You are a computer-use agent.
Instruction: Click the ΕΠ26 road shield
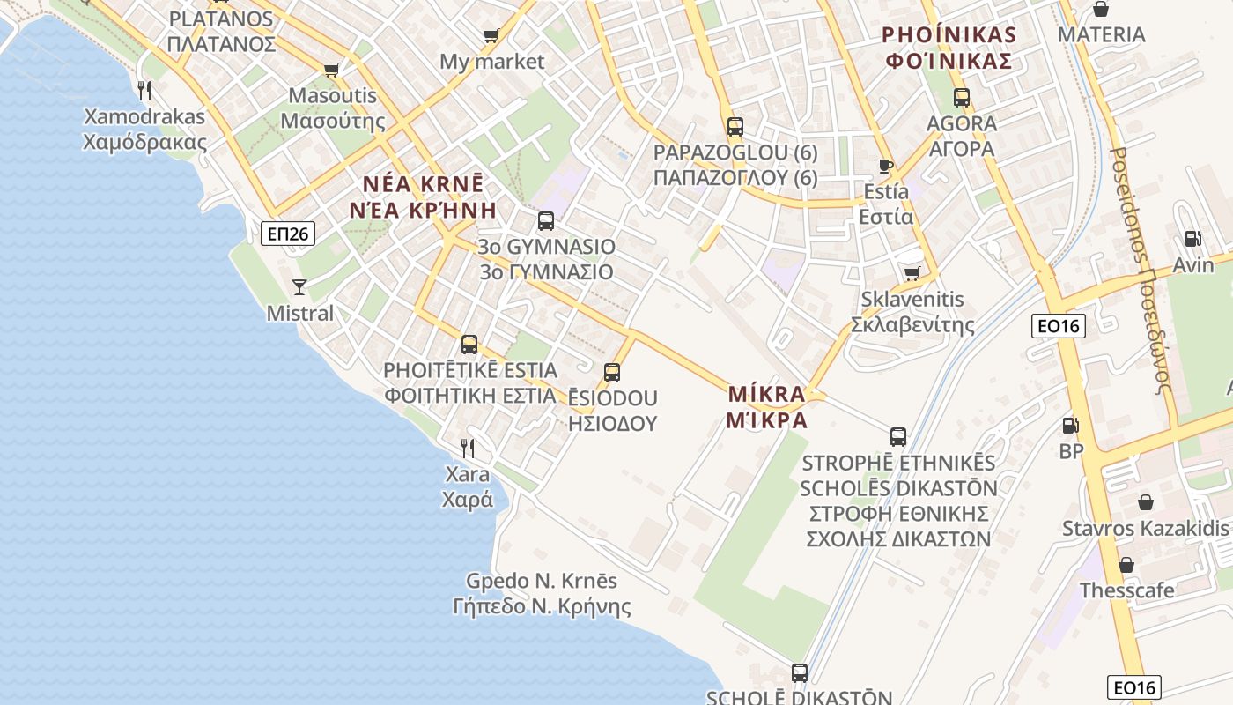(x=288, y=234)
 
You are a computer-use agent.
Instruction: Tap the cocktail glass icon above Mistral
(x=299, y=286)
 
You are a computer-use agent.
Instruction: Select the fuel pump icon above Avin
(x=1192, y=238)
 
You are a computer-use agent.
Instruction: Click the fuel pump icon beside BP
(x=1070, y=426)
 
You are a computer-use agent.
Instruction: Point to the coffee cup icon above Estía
(x=886, y=166)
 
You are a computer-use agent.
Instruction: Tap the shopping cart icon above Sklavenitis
(x=912, y=274)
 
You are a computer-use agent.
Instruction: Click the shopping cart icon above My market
(x=491, y=36)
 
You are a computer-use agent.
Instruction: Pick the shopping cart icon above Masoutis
(x=332, y=70)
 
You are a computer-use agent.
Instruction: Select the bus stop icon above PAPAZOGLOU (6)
(x=735, y=127)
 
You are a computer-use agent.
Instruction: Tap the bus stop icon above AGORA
(x=961, y=98)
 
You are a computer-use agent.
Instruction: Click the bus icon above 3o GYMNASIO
(x=546, y=220)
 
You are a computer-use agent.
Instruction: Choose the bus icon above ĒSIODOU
(x=612, y=372)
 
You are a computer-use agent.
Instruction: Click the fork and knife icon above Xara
(x=468, y=448)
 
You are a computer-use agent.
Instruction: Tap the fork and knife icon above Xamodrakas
(x=144, y=90)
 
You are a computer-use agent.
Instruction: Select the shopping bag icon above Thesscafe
(x=1126, y=565)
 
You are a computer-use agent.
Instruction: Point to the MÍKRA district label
(x=766, y=394)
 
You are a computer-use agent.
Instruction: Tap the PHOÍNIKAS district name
(x=949, y=35)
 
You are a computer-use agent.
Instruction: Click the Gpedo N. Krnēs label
(x=541, y=582)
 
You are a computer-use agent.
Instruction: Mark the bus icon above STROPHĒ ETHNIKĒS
(x=897, y=436)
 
